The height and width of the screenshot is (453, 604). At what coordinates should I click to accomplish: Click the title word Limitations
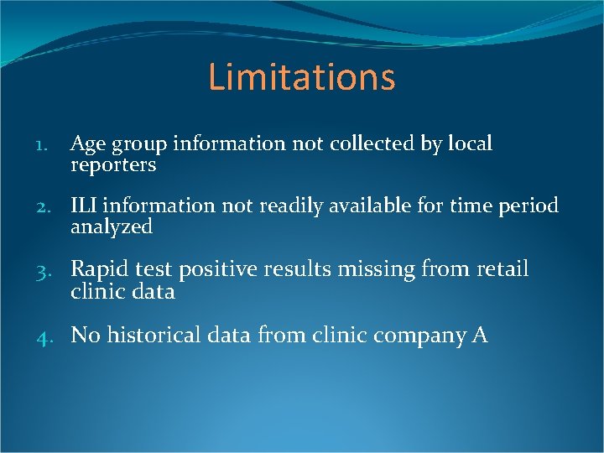pos(301,77)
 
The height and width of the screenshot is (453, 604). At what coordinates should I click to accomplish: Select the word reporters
pos(113,165)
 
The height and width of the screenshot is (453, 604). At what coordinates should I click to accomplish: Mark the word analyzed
pos(112,227)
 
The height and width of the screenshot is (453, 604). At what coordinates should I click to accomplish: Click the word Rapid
pos(97,269)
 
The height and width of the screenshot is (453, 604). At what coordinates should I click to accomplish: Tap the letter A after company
pos(480,336)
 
